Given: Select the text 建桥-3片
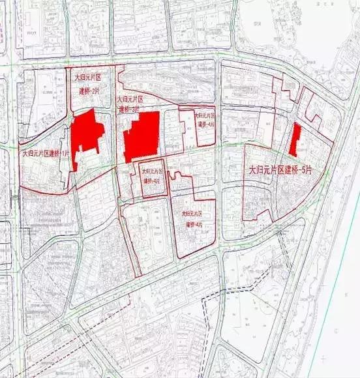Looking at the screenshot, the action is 130,109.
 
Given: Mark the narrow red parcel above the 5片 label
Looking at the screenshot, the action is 295,139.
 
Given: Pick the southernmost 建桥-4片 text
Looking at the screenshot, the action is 194,224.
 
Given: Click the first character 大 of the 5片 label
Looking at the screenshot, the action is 254,170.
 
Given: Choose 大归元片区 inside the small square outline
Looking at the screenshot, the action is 154,171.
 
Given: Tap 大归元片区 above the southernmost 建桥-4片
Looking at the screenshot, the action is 194,213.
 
